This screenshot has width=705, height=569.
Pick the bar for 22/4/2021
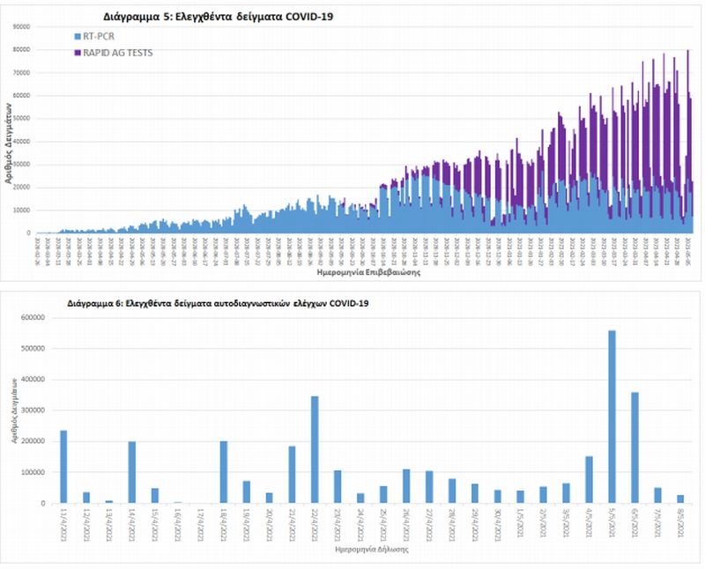pyautogui.click(x=315, y=449)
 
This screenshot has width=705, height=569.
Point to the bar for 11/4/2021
pyautogui.click(x=63, y=466)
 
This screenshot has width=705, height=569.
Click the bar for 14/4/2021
pyautogui.click(x=132, y=472)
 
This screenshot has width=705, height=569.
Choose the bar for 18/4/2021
pyautogui.click(x=224, y=472)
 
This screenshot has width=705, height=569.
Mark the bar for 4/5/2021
pyautogui.click(x=589, y=479)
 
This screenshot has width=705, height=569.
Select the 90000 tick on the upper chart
pyautogui.click(x=21, y=26)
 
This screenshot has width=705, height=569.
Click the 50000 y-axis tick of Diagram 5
pyautogui.click(x=21, y=118)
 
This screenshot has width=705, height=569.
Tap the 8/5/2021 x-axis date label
pyautogui.click(x=679, y=519)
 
